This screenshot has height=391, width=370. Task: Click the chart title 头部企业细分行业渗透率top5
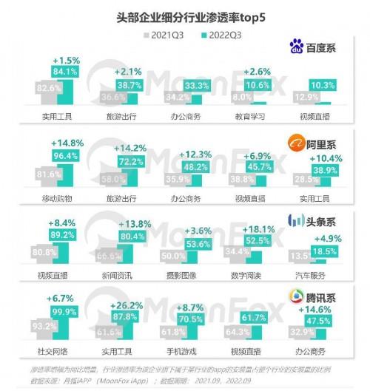(x=185, y=13)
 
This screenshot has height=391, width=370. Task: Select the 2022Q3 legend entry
(x=223, y=33)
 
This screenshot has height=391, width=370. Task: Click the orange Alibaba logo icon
(x=298, y=140)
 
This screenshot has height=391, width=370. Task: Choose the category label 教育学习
(x=256, y=118)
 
